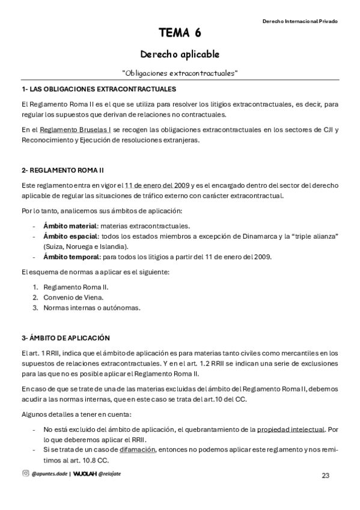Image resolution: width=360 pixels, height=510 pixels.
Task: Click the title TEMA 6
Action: pos(180,32)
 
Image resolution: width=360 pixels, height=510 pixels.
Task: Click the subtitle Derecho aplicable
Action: pos(180,54)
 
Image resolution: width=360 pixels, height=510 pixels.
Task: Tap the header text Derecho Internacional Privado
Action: pos(300,21)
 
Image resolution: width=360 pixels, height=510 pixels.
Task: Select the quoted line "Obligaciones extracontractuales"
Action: pos(180,73)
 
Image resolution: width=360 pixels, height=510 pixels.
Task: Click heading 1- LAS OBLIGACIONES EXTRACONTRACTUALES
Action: pos(99,89)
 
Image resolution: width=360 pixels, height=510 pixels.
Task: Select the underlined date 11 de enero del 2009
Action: pos(157,185)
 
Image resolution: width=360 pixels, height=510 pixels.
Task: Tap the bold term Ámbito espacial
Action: pos(70,236)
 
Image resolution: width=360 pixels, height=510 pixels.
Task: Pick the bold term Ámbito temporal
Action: pos(71,257)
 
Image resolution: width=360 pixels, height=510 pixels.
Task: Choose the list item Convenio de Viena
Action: pos(73,297)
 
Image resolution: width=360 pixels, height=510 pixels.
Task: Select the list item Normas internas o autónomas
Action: pos(91,307)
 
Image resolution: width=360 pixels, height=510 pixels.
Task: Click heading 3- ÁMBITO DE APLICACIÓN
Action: pos(66,338)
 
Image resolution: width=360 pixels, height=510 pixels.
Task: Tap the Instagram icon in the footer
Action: pos(25,473)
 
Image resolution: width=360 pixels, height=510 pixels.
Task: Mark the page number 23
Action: pos(326,475)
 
